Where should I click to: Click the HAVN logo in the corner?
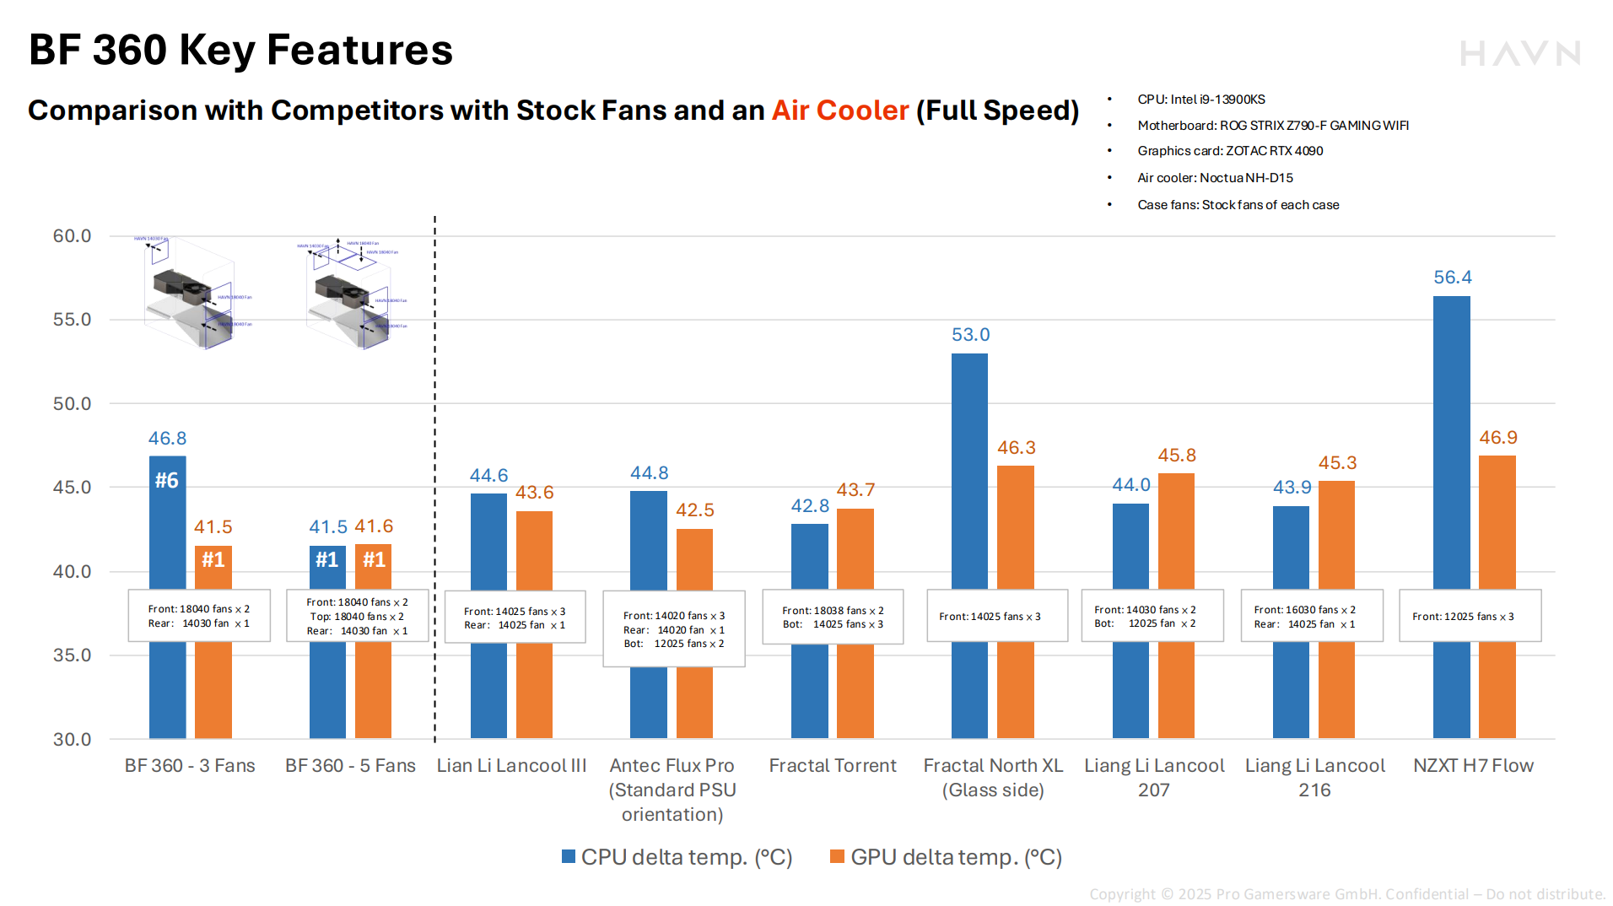[1519, 54]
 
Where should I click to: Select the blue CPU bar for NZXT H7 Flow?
[1451, 439]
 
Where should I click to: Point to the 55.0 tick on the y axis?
[72, 320]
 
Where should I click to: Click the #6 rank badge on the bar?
[167, 481]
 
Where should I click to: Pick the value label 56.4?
[1452, 278]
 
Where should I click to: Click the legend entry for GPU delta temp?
[946, 857]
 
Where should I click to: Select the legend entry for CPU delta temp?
[677, 857]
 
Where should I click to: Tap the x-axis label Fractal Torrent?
[832, 766]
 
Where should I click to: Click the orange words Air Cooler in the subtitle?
[840, 111]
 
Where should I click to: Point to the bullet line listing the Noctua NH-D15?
[1215, 178]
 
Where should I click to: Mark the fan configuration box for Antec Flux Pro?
[673, 629]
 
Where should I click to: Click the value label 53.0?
[970, 335]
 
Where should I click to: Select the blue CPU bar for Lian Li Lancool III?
[488, 540]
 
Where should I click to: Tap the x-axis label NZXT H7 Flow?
[1473, 766]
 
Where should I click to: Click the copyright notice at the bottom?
[1346, 894]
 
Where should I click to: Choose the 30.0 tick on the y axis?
[72, 740]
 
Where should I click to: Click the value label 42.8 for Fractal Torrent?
[810, 506]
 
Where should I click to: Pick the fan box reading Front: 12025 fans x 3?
[1470, 617]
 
